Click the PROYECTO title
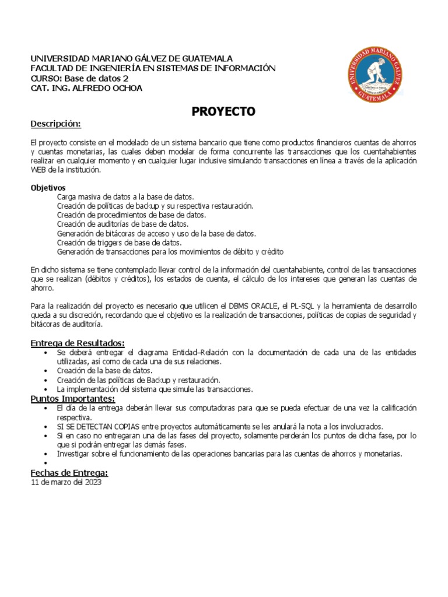[x=223, y=112]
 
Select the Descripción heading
[x=55, y=124]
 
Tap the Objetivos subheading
[x=48, y=188]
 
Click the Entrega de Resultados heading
[x=78, y=343]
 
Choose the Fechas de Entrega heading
[x=69, y=473]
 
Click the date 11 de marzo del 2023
[x=66, y=483]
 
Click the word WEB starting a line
[x=38, y=170]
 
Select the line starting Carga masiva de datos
[x=125, y=197]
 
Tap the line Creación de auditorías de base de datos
[x=123, y=224]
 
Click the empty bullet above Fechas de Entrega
[x=45, y=464]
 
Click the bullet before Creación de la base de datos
[x=45, y=370]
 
